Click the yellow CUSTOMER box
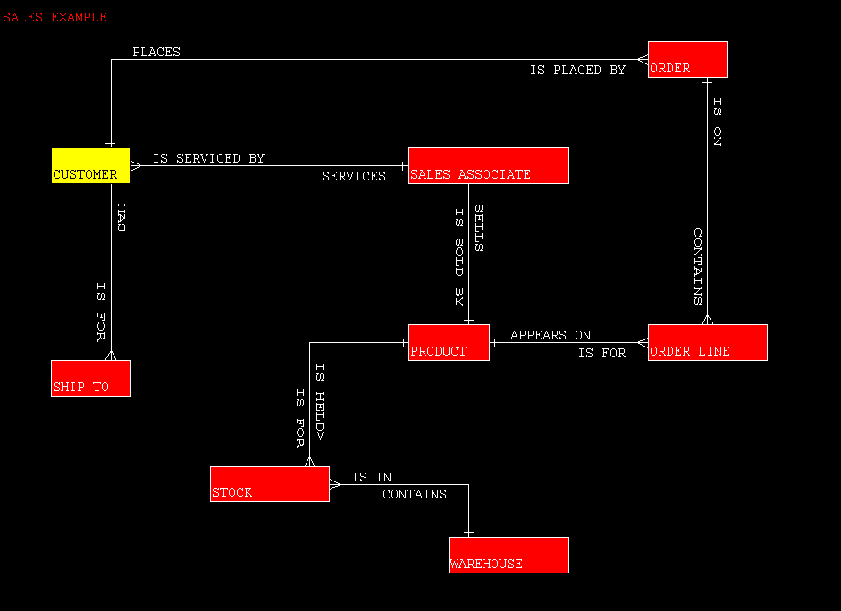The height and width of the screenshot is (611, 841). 91,166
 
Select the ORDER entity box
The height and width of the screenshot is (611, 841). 687,60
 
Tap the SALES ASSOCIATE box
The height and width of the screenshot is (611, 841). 488,166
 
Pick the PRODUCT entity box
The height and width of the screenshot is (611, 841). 449,343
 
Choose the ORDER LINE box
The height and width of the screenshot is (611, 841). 707,343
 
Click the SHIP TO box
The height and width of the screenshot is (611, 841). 91,379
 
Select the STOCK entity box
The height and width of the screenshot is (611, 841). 269,484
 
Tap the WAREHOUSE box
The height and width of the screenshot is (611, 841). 509,555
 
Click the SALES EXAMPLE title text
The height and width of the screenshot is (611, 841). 55,17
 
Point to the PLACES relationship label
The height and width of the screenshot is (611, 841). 156,52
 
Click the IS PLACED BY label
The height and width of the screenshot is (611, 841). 577,70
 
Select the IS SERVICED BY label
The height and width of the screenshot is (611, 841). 208,158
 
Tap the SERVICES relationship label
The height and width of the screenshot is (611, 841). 354,176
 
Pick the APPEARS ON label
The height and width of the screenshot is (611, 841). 551,335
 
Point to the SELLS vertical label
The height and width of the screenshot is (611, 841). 478,228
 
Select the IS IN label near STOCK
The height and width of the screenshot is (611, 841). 372,477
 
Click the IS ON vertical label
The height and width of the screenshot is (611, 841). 717,121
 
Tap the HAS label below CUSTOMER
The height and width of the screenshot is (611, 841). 121,217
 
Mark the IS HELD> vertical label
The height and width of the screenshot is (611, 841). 319,402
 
